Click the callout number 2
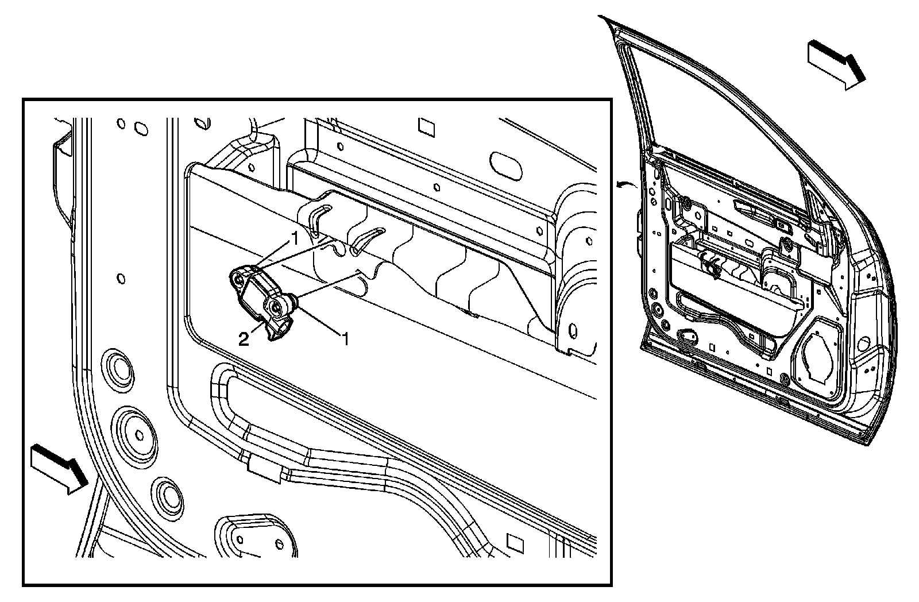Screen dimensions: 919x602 click(244, 339)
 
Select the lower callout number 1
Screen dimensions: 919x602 click(345, 340)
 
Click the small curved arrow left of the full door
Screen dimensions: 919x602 click(623, 184)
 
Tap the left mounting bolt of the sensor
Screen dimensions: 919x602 click(239, 279)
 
